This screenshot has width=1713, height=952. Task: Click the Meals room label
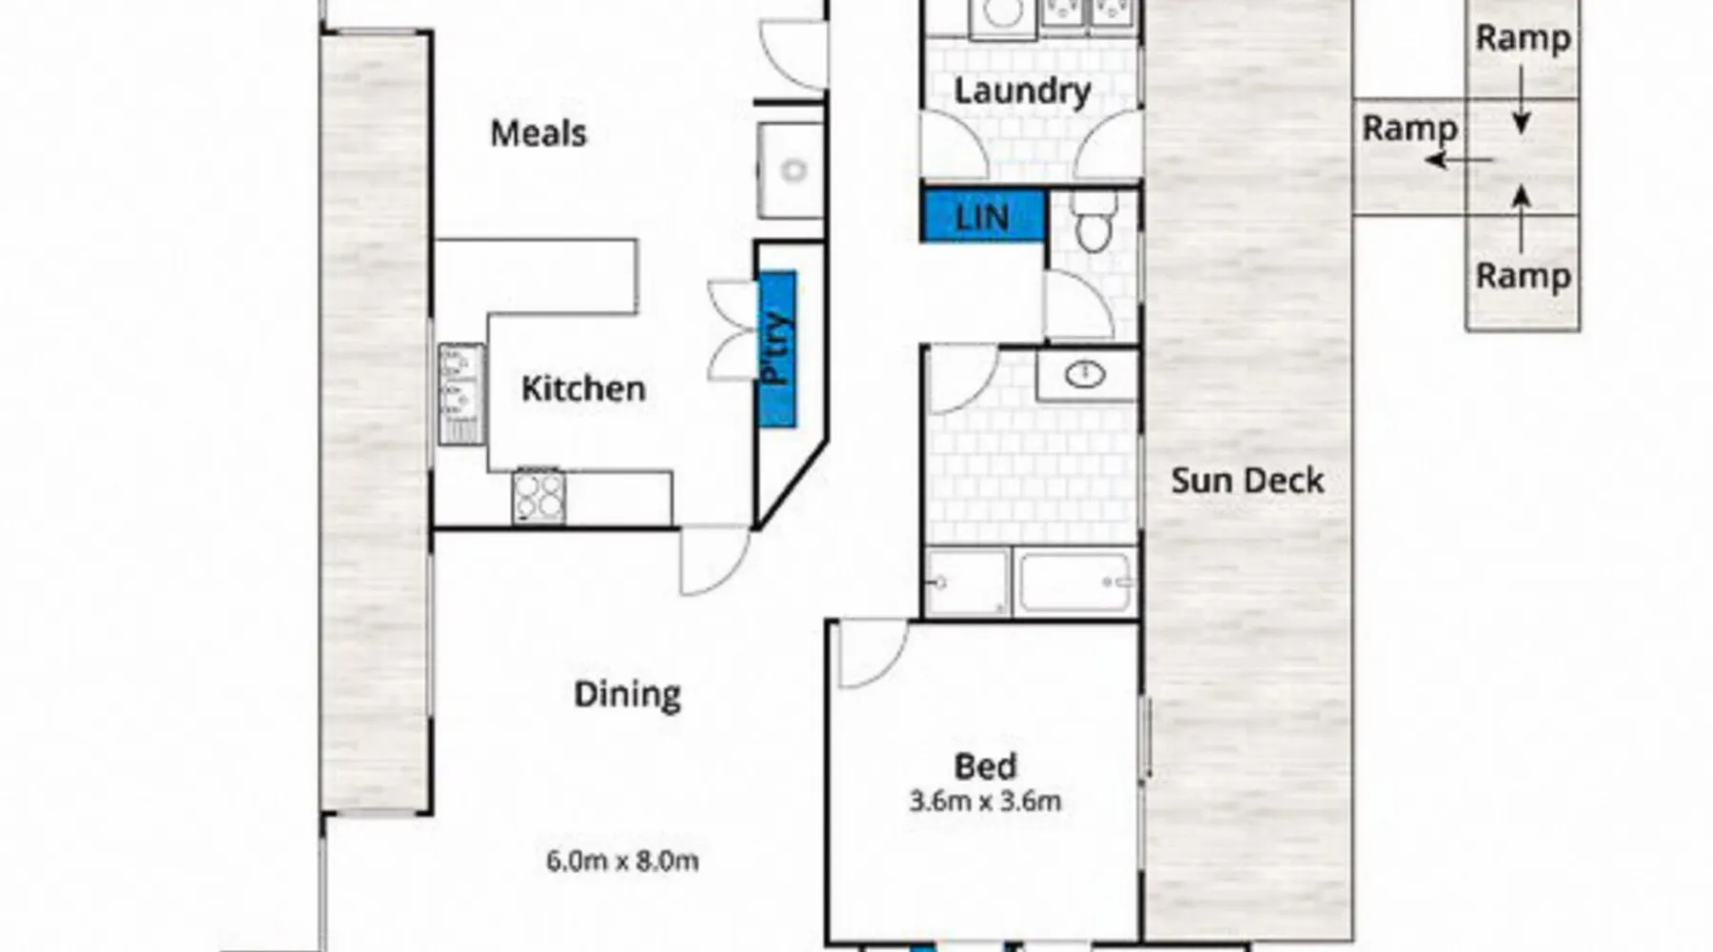(x=538, y=133)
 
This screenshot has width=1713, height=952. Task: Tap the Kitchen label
(x=583, y=388)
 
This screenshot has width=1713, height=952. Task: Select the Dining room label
(x=627, y=695)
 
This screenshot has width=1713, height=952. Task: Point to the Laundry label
(x=1022, y=91)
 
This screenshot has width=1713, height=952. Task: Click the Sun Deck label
(x=1247, y=481)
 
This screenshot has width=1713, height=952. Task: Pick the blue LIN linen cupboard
(x=983, y=216)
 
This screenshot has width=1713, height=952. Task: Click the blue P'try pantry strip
(x=777, y=349)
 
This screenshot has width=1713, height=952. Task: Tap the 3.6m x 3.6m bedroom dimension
(x=985, y=802)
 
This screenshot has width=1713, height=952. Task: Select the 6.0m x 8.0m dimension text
(x=622, y=862)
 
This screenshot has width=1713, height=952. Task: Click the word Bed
(x=985, y=766)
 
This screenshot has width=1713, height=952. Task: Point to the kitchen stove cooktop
(x=539, y=496)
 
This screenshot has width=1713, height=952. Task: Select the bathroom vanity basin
(x=1084, y=375)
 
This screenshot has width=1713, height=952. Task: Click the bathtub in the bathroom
(x=1075, y=581)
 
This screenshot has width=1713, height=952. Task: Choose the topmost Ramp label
(x=1522, y=39)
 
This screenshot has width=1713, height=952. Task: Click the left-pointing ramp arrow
(x=1459, y=160)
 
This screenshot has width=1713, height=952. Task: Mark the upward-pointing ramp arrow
(x=1522, y=219)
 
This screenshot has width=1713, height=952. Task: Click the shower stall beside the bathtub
(x=967, y=582)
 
